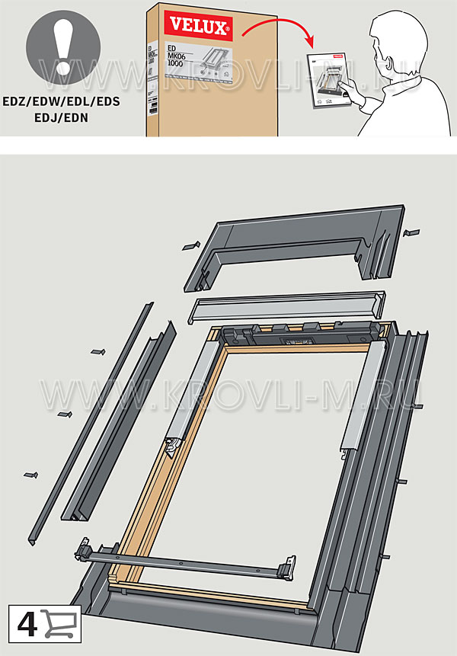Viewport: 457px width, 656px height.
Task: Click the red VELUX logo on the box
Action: coord(198,26)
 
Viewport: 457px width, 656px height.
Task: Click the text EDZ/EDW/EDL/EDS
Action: coord(62,101)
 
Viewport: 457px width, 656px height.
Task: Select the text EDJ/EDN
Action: coord(62,117)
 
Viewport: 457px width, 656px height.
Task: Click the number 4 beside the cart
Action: coord(27,625)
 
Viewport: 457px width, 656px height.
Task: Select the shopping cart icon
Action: coord(60,623)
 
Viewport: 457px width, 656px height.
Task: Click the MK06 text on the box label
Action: coord(177,56)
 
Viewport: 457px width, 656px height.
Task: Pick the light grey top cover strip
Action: coord(286,308)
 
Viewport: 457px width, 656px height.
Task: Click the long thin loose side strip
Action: coord(89,423)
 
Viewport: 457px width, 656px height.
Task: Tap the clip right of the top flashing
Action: coord(411,232)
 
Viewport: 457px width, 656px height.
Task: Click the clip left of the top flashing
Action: coord(191,246)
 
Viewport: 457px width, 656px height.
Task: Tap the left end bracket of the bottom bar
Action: coord(84,549)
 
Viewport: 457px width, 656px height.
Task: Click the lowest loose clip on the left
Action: coord(31,475)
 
